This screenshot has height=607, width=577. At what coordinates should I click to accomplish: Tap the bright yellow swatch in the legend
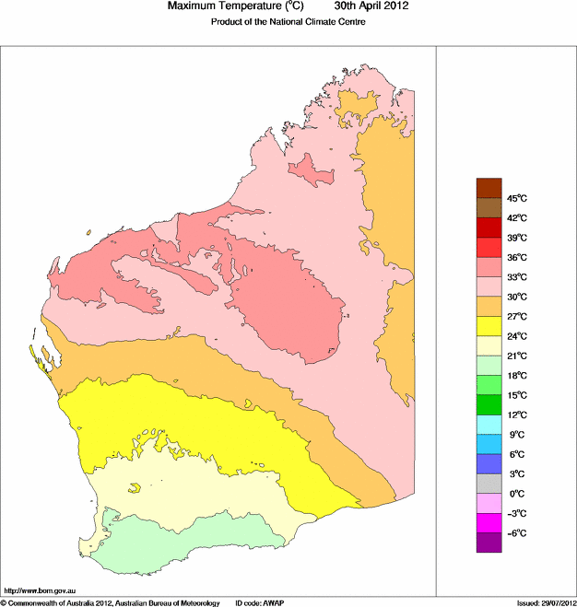coord(488,326)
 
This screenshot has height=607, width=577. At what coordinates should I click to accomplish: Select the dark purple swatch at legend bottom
coord(488,543)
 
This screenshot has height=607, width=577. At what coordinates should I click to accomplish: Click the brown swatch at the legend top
coord(488,188)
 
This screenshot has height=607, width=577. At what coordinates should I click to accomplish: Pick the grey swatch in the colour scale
coord(488,484)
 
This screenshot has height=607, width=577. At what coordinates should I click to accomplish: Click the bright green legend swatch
coord(488,404)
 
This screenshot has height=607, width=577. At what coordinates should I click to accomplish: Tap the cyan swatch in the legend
coord(488,425)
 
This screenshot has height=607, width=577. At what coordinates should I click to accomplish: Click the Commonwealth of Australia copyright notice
coord(110,602)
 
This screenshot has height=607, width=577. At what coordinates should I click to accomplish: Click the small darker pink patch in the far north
coord(309,169)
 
